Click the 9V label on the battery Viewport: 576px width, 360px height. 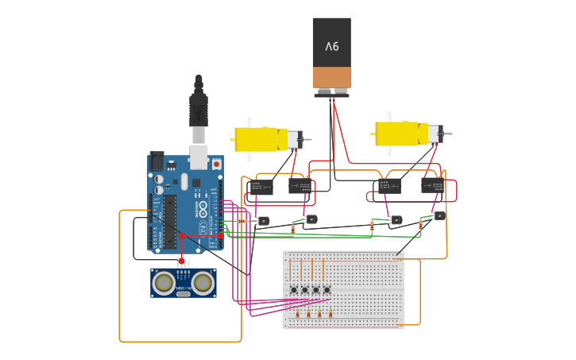[x=331, y=46]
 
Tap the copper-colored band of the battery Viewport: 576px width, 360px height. [x=331, y=77]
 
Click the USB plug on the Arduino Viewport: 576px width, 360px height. [x=199, y=107]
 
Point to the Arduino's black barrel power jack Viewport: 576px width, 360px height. [x=157, y=161]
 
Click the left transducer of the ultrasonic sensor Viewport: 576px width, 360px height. [x=164, y=282]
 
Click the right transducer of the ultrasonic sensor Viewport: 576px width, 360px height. [x=203, y=282]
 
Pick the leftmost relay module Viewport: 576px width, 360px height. [x=261, y=187]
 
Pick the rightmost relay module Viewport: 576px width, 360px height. [x=434, y=185]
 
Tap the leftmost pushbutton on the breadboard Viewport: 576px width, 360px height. [x=293, y=289]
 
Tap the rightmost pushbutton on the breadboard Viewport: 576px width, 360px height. [x=327, y=289]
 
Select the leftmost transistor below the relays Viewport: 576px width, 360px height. [x=263, y=221]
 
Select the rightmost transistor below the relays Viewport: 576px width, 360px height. [x=439, y=215]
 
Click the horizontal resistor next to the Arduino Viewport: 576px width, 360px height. [x=242, y=222]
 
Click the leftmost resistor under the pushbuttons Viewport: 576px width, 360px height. [x=298, y=313]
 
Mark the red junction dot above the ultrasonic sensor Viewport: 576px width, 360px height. [x=182, y=260]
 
